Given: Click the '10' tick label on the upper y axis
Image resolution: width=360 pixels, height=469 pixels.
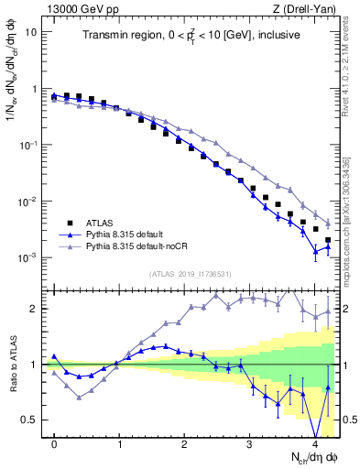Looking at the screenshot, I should coord(31,33).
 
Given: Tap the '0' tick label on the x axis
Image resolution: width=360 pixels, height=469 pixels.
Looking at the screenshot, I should coord(55,442).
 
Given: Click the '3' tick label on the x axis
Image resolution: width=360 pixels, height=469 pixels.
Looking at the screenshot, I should coord(250,442).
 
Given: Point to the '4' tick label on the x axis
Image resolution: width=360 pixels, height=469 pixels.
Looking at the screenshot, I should coord(315,442).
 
